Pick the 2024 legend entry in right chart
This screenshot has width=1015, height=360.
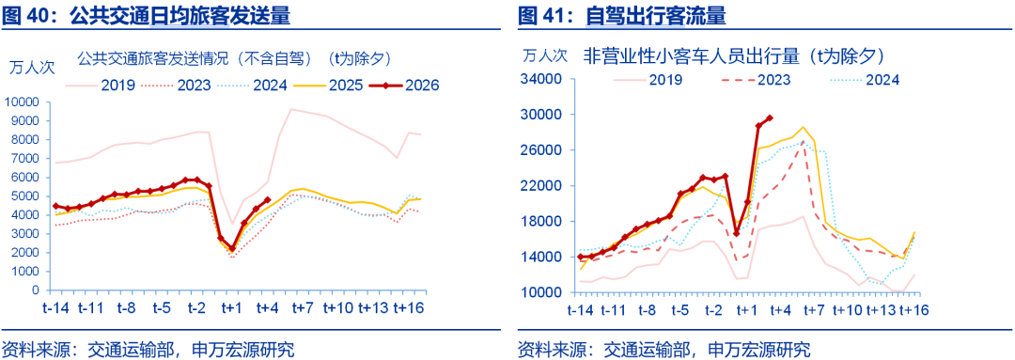click(x=882, y=80)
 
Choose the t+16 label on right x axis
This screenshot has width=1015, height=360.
click(x=909, y=309)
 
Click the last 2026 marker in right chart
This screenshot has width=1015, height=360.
click(x=770, y=117)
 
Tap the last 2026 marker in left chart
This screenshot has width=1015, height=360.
click(x=268, y=199)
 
